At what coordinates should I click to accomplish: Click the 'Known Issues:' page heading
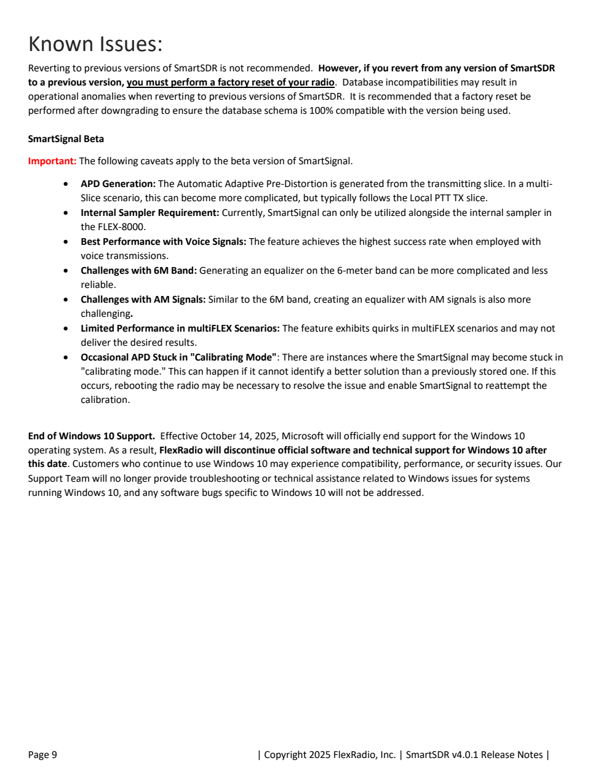[x=95, y=44]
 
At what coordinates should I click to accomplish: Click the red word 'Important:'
[x=52, y=161]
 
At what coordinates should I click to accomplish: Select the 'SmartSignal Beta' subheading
[x=66, y=139]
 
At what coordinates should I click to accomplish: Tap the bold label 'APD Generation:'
[x=118, y=184]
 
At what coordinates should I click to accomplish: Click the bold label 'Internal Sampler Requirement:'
[x=149, y=213]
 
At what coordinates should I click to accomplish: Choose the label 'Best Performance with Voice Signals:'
[x=163, y=242]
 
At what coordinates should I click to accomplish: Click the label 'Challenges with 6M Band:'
[x=138, y=271]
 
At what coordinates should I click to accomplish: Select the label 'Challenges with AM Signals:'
[x=143, y=300]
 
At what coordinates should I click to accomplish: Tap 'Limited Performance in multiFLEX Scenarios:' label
[x=180, y=329]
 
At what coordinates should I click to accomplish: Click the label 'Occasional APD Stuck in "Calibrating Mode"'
[x=178, y=357]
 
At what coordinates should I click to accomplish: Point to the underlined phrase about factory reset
[x=231, y=82]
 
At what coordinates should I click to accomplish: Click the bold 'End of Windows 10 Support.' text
[x=92, y=436]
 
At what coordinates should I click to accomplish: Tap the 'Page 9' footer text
[x=42, y=755]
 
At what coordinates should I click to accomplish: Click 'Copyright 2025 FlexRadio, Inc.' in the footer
[x=329, y=755]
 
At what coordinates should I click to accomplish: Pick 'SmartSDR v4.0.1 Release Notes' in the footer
[x=474, y=755]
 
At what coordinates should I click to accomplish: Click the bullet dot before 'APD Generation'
[x=66, y=184]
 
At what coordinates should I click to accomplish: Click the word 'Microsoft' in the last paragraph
[x=303, y=436]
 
